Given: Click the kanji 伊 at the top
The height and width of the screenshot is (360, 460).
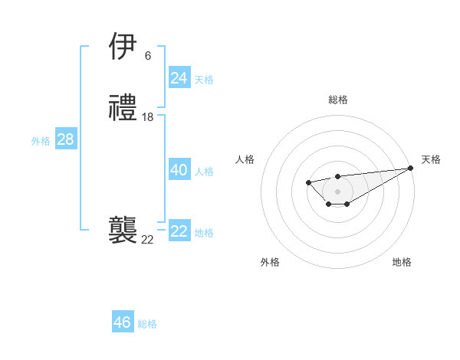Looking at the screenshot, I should [x=123, y=47].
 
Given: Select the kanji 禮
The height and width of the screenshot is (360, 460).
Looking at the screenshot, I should [x=123, y=108].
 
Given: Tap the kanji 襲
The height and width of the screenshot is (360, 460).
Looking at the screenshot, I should [x=123, y=231].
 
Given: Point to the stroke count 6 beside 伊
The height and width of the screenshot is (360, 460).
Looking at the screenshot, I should [x=147, y=55].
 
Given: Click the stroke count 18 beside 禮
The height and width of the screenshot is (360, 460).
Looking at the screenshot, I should [x=148, y=117].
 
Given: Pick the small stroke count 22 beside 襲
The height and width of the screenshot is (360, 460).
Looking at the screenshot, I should [x=147, y=240].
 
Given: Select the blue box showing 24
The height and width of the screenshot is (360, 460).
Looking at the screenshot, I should [x=179, y=77].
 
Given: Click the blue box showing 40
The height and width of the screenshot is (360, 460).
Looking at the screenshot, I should [x=179, y=170].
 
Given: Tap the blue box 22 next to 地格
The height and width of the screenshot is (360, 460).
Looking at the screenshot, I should [x=179, y=231].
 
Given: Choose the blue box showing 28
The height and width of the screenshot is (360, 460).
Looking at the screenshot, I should [x=65, y=139].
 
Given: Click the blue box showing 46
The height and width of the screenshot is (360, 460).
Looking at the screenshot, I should [x=122, y=322].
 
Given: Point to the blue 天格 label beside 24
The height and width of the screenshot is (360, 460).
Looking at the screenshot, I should [x=204, y=79].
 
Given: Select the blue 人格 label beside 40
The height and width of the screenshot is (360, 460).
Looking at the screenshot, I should [x=204, y=172].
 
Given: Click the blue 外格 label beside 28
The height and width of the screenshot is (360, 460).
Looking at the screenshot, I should [x=41, y=141].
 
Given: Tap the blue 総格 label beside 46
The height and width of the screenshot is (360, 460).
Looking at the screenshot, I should [x=147, y=324].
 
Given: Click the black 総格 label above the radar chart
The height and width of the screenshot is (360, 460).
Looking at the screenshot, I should [x=337, y=100].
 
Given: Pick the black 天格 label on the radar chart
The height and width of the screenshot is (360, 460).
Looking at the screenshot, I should [x=431, y=159].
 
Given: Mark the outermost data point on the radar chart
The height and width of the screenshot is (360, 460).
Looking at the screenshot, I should [x=411, y=169].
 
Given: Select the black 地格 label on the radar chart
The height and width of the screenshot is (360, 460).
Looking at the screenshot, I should [x=402, y=262].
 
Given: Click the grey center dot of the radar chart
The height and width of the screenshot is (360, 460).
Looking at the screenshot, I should [x=337, y=191].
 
